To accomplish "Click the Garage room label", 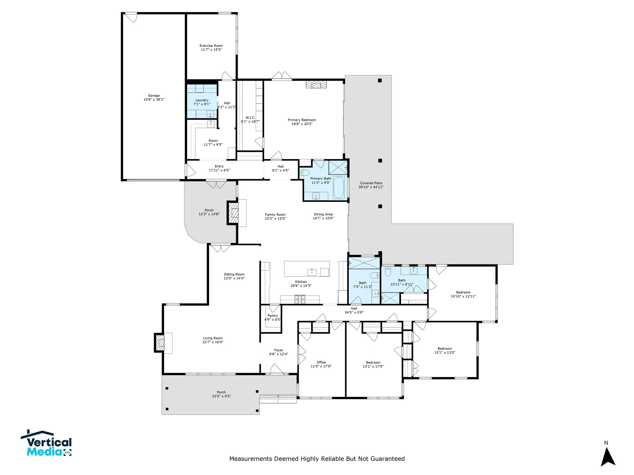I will point(154,96).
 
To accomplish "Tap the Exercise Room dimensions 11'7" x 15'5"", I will point(211,49).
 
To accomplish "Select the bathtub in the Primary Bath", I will point(339,187).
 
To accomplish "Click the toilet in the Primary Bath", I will point(304,173).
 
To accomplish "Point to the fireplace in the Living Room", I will point(160,343).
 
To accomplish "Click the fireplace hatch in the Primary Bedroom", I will point(316,84).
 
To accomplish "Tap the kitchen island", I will point(307,268).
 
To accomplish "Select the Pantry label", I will point(273,315).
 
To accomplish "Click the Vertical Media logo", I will point(46,444).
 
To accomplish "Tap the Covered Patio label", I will point(371,183).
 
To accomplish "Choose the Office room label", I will point(321,362).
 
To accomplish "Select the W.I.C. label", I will point(250,118).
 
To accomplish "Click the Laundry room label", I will point(202,100).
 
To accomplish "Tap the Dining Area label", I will point(323,214).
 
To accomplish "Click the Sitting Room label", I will point(234,274).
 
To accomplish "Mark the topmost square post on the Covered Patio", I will point(380,80).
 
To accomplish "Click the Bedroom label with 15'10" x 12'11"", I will point(463,292).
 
